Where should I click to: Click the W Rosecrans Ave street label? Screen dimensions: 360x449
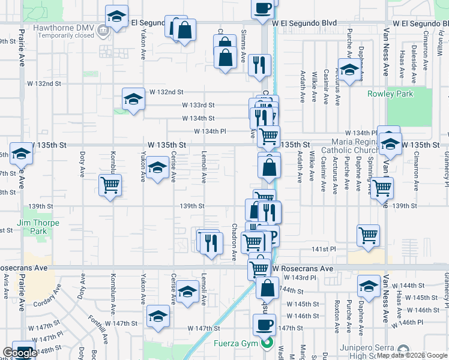(302, 269)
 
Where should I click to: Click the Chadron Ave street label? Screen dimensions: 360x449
(234, 243)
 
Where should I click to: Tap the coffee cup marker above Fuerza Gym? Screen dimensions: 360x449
(264, 326)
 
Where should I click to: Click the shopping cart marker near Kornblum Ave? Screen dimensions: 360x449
(110, 185)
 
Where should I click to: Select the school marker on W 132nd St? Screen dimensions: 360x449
(133, 99)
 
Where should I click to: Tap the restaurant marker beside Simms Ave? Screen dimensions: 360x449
(259, 65)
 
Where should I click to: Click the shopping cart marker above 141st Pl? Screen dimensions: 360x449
(369, 235)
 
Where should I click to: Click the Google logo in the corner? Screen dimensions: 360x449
(20, 353)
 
